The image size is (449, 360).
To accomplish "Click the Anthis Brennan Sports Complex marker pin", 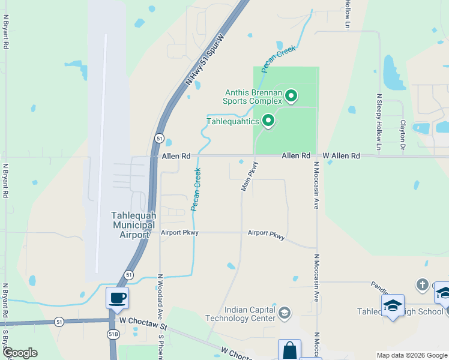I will tap(291, 96).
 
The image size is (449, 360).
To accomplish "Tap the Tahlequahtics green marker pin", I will tap(268, 121).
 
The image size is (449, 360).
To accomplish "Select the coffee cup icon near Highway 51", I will tap(117, 297).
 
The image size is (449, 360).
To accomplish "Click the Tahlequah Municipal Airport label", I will tap(130, 225).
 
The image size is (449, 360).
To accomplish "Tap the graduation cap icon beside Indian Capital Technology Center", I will tap(285, 313).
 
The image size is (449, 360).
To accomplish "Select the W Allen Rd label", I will tap(341, 156).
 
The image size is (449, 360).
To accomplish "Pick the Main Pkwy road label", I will tap(249, 176).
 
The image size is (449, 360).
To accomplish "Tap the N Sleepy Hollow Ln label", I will tap(379, 122).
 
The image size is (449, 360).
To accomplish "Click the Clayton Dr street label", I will tap(403, 134).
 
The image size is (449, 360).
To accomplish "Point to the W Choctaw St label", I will tap(142, 321).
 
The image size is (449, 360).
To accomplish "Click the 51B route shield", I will tap(113, 334).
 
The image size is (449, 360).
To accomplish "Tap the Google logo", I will tap(20, 353).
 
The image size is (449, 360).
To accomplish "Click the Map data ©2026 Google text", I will tap(411, 355).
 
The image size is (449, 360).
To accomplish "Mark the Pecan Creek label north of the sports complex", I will tap(279, 59).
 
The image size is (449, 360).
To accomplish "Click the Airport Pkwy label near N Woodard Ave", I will tap(179, 233).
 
